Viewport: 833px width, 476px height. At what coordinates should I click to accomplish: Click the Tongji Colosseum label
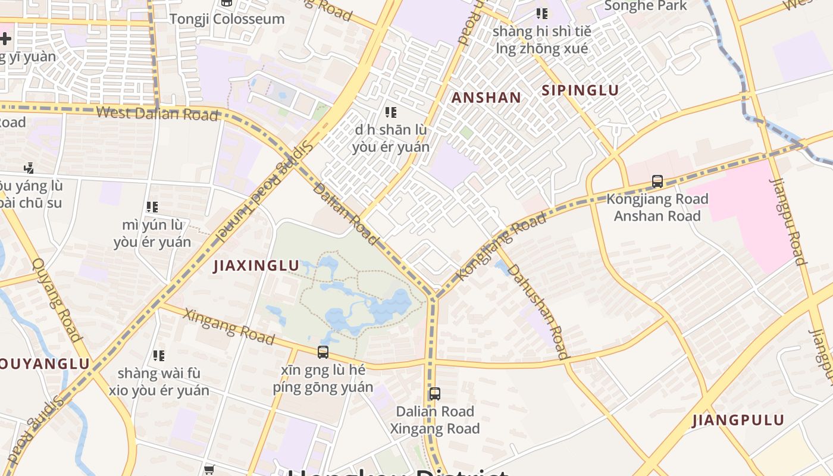[227, 19]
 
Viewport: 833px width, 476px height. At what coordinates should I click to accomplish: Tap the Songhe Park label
[645, 7]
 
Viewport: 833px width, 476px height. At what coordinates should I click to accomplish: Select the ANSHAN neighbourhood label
[486, 98]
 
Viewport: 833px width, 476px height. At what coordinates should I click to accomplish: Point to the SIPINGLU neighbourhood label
[580, 90]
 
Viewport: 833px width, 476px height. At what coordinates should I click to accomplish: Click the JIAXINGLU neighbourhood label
[256, 265]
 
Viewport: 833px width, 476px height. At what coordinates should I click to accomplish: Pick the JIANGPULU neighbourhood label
[738, 420]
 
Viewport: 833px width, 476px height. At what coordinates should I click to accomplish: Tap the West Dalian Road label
[156, 113]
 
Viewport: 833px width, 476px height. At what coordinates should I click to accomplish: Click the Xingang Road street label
[229, 326]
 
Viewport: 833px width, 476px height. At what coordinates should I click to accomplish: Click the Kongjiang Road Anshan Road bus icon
[657, 181]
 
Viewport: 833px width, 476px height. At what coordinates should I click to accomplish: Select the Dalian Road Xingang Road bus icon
[435, 393]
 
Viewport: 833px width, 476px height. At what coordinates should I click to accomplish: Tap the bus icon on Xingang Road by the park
[323, 352]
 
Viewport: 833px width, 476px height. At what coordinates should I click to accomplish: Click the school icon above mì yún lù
[152, 207]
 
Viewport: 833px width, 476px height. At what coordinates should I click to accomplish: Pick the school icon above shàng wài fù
[159, 356]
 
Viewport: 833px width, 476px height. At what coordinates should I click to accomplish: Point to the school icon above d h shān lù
[391, 112]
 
